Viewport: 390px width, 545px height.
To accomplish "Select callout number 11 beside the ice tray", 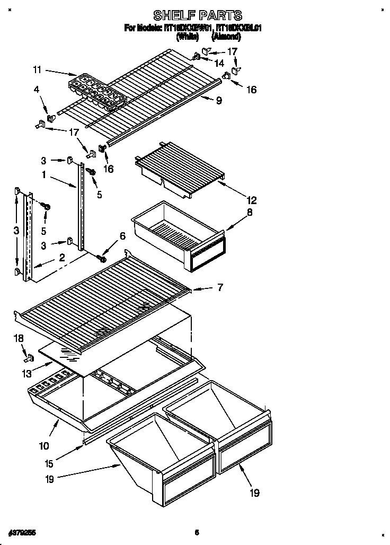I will (36, 69).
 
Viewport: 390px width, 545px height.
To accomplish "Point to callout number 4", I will (36, 91).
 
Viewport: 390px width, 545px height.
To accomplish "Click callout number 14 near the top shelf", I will (219, 63).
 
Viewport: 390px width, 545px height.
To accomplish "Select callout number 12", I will (251, 200).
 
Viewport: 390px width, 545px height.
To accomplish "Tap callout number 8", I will (250, 213).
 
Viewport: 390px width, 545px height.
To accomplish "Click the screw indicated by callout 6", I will (102, 259).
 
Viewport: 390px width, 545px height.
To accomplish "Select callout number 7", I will (219, 288).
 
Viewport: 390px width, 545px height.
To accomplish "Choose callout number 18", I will (19, 338).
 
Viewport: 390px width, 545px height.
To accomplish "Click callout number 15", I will (49, 463).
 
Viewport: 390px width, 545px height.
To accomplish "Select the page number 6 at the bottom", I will (196, 532).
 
